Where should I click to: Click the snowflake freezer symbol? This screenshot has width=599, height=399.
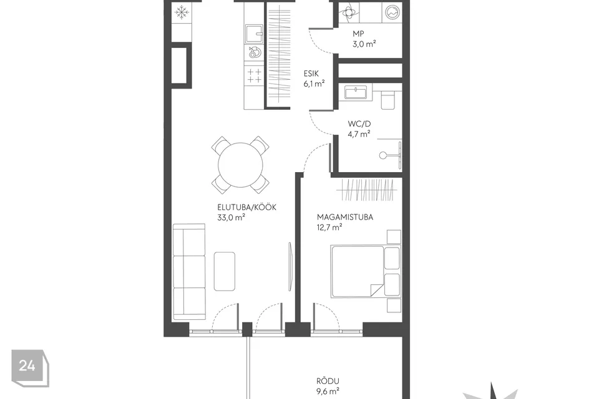tap(182, 12)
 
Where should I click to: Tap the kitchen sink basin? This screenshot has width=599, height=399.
tap(254, 34)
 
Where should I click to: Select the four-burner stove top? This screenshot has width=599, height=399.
tap(254, 75)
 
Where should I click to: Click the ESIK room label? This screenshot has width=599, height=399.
tap(311, 74)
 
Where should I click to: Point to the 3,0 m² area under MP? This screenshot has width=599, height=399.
tap(364, 44)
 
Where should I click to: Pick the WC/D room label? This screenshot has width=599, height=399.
tap(359, 123)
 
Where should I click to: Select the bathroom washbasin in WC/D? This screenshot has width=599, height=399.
tap(356, 92)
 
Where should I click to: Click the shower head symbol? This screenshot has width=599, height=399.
tap(382, 155)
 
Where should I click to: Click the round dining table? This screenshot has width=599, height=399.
tap(241, 165)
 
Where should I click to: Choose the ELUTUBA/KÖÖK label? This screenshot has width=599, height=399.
tap(247, 208)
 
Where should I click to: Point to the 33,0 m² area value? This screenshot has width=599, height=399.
tap(231, 218)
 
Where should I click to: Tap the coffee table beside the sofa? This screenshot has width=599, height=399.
tap(225, 271)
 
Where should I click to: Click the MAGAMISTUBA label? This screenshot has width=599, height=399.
tap(345, 217)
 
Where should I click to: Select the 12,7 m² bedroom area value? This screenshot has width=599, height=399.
tap(329, 227)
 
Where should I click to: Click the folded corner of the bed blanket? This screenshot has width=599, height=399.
tap(376, 290)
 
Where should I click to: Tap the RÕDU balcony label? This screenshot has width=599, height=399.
tap(328, 381)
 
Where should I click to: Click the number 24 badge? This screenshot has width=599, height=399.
tap(27, 366)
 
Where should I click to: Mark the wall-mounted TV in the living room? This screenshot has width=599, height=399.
tap(291, 267)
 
